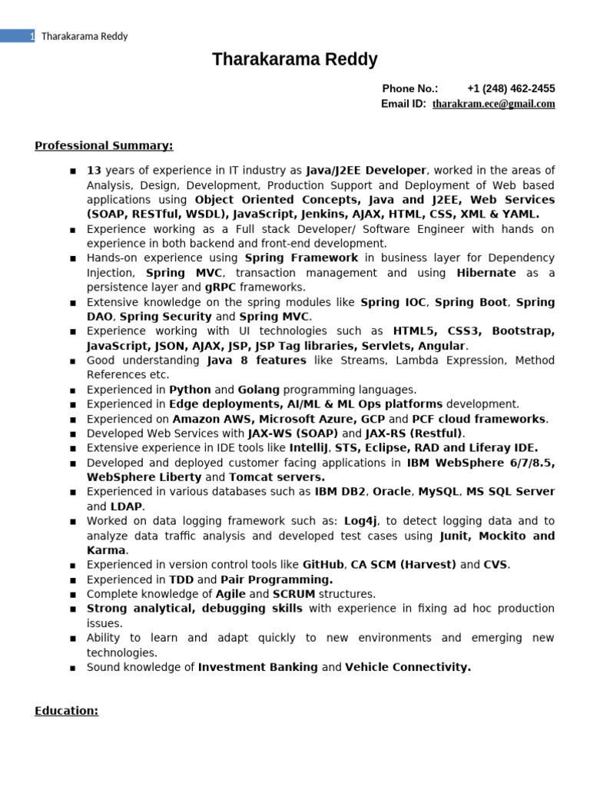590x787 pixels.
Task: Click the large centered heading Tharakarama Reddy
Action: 295,60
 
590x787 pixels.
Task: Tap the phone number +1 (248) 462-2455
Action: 510,88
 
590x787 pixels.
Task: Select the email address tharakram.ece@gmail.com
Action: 493,104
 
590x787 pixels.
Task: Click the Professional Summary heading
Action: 104,145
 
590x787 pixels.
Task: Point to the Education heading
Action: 66,711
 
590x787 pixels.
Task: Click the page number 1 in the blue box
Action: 31,36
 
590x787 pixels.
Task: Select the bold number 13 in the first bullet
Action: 94,171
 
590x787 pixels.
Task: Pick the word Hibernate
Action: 486,273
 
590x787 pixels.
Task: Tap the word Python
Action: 190,390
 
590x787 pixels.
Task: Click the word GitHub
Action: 323,565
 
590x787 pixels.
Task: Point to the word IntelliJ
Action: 309,448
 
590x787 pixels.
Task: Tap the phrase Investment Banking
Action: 257,667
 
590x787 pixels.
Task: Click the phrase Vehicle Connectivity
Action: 408,667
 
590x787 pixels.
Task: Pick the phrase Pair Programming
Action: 277,579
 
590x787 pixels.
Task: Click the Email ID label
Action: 403,104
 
